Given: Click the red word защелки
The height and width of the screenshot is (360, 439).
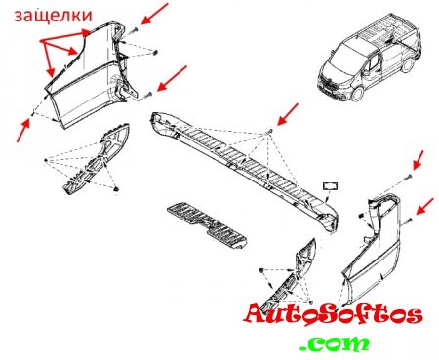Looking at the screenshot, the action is click(53, 16).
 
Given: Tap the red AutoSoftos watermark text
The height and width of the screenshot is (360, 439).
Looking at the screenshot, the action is click(334, 315).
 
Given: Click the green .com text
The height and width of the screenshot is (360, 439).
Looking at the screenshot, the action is click(335, 343).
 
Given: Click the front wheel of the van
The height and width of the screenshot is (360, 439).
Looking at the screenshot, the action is click(358, 94).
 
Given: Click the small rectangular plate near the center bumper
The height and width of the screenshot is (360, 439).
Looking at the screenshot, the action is click(330, 186).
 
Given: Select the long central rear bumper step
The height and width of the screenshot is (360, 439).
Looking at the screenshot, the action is click(245, 172).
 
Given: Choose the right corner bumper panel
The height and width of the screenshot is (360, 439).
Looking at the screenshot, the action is click(372, 251).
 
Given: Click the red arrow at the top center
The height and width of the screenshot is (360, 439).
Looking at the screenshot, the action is click(155, 14).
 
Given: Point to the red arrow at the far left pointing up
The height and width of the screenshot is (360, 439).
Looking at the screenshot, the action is click(23, 130).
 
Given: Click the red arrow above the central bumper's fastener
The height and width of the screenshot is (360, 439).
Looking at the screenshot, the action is click(287, 114).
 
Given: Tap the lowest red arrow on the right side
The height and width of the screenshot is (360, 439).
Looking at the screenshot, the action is click(424, 206).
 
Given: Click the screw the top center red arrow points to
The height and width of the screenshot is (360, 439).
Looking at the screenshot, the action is click(135, 30).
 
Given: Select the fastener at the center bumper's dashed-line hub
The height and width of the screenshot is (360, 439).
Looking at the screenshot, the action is click(269, 131).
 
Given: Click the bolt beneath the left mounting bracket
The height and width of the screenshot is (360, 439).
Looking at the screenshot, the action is click(116, 189).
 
